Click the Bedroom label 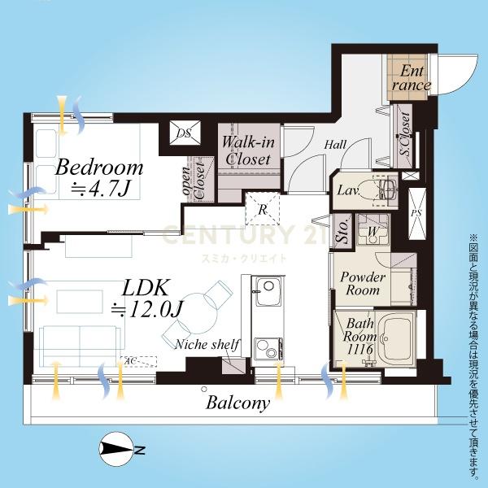99,168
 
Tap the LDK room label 146,288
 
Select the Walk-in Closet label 248,151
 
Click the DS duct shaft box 185,133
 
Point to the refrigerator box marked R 263,208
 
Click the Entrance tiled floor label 411,78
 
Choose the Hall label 335,145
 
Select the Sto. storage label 343,231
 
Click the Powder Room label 363,284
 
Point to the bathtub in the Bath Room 396,338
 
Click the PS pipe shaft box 416,213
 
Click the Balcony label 237,403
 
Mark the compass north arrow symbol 115,449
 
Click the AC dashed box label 131,361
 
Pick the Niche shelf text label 207,344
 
